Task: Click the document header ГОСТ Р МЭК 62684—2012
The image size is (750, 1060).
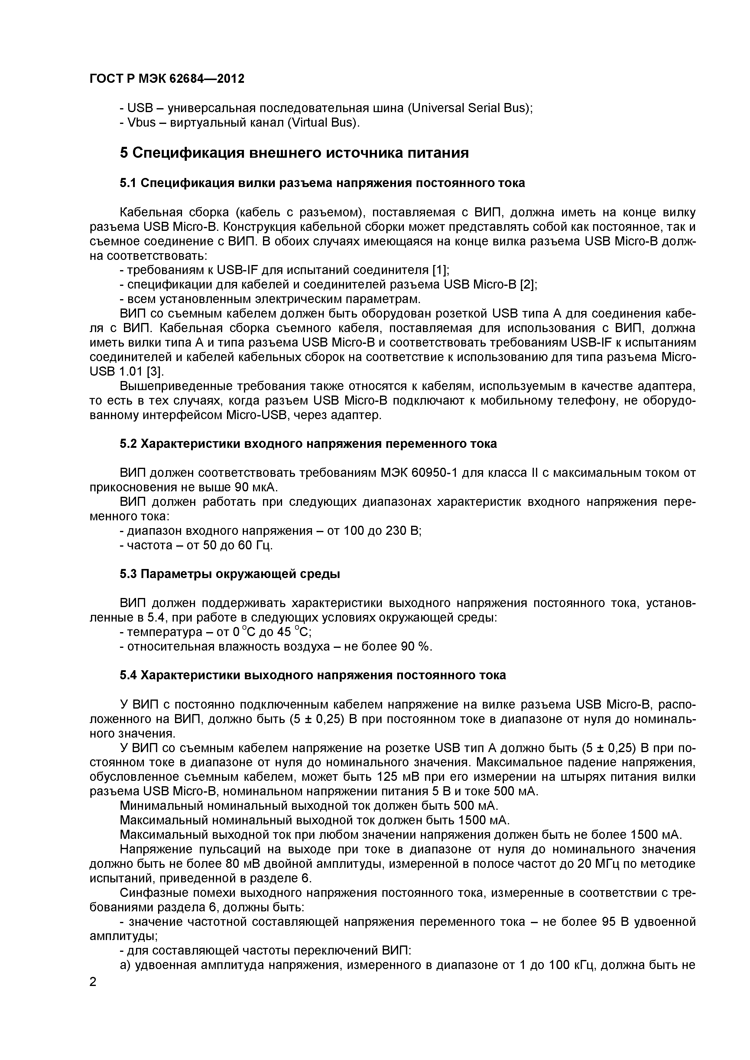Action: [167, 79]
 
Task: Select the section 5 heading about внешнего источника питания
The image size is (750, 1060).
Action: [294, 153]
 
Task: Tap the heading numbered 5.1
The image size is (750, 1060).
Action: [322, 183]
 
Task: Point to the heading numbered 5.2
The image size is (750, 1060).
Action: [308, 444]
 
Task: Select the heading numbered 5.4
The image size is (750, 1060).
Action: [313, 675]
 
